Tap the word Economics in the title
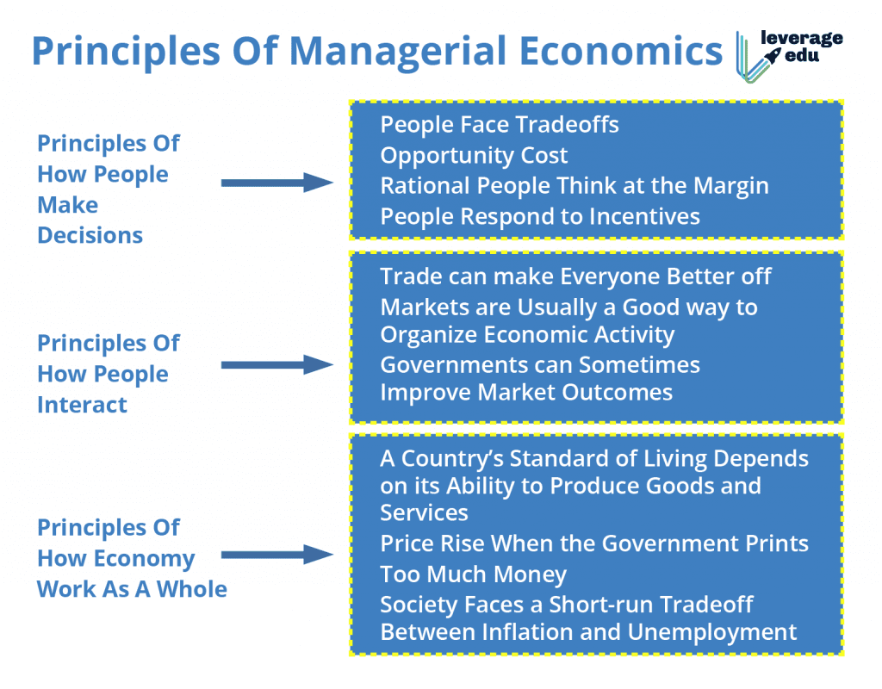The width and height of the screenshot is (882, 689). point(620,51)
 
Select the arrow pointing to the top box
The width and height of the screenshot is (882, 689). point(277,183)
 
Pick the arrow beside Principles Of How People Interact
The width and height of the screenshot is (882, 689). point(277,364)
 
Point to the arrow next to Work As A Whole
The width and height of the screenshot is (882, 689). point(277,555)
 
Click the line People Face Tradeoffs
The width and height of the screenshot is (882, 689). point(500,124)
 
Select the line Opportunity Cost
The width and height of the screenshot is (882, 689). point(475,156)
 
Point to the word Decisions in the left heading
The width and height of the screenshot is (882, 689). point(90,235)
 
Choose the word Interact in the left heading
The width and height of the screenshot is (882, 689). point(82,405)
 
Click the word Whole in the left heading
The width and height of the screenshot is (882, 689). point(192,589)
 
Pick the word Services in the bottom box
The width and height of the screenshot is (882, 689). point(424,513)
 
